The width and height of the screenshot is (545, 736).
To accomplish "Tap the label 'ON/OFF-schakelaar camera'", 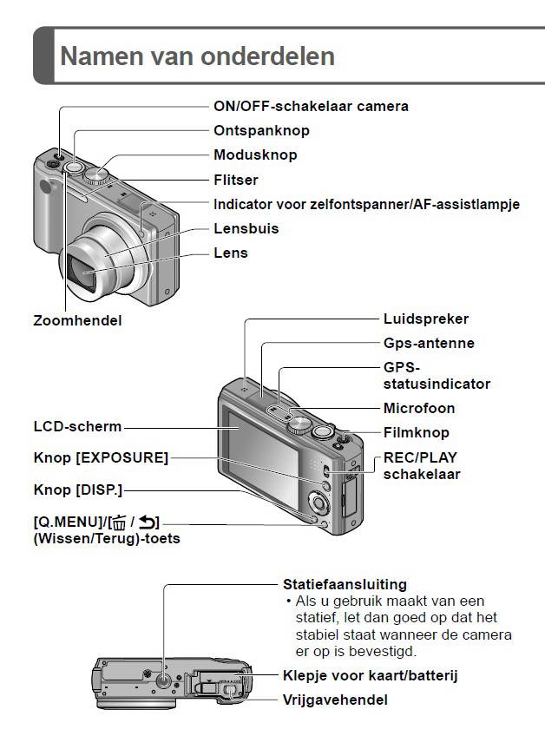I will coord(311,106).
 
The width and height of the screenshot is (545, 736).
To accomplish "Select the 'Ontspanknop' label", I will coord(261,130).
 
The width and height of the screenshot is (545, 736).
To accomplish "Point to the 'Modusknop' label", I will coord(255,154).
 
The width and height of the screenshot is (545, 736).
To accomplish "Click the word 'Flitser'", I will coord(236,180).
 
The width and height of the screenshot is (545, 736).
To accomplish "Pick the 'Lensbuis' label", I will coord(246,228).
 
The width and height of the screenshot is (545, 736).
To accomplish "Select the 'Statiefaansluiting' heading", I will coord(345,584).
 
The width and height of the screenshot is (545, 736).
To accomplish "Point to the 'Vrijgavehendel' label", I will coord(335,699).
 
